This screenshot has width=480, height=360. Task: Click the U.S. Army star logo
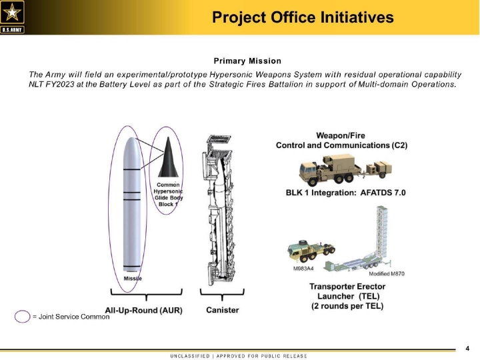pyautogui.click(x=12, y=17)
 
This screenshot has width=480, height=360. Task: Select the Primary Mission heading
pyautogui.click(x=247, y=61)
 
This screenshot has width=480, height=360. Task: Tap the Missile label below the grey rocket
pyautogui.click(x=133, y=279)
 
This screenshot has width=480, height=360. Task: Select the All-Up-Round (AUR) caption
pyautogui.click(x=143, y=311)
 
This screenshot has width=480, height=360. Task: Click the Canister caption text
pyautogui.click(x=223, y=310)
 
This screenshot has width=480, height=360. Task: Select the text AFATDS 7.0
pyautogui.click(x=383, y=193)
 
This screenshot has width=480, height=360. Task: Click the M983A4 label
pyautogui.click(x=303, y=269)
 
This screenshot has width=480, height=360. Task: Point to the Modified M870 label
pyautogui.click(x=387, y=274)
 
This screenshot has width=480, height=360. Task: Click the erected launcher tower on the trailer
pyautogui.click(x=381, y=233)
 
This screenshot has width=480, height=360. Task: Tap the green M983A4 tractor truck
pyautogui.click(x=311, y=251)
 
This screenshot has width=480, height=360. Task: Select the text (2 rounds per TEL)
pyautogui.click(x=347, y=306)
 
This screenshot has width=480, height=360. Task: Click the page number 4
pyautogui.click(x=467, y=349)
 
